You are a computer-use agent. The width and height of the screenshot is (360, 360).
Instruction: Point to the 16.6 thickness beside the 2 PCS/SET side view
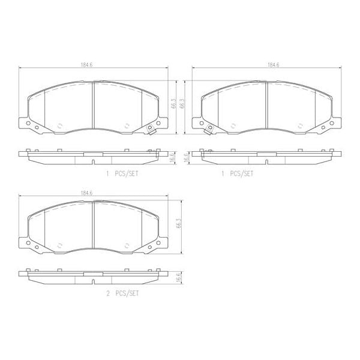click(x=178, y=277)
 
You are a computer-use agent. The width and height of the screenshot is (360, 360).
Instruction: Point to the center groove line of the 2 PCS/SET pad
click(x=94, y=225)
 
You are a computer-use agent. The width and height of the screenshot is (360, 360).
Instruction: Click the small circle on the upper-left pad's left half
click(x=59, y=126)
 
